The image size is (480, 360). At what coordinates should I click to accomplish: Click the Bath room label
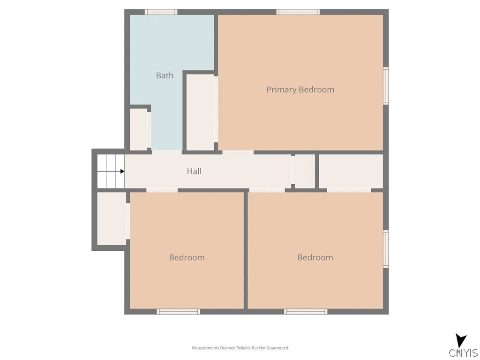click(165, 75)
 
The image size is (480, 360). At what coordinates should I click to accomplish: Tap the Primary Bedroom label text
click(300, 90)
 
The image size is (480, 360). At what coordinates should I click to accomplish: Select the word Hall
click(194, 171)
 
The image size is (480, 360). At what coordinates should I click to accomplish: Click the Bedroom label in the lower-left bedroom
click(187, 257)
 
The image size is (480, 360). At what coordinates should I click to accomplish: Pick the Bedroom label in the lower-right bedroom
click(315, 257)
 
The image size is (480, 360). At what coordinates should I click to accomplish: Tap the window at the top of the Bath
click(161, 12)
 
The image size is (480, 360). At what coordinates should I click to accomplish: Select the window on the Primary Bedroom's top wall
click(298, 12)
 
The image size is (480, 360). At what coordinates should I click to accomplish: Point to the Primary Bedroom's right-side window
click(386, 86)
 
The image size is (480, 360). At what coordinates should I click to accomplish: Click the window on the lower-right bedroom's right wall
click(386, 249)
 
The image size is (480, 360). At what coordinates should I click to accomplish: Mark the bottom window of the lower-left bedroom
click(178, 311)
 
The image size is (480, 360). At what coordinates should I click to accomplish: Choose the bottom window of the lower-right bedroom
click(306, 311)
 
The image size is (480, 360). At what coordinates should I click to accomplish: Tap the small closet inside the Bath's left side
click(138, 129)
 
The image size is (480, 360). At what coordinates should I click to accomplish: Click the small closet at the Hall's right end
click(305, 171)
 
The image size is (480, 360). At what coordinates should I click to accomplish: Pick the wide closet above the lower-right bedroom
click(351, 171)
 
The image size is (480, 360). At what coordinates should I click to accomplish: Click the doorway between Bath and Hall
click(166, 152)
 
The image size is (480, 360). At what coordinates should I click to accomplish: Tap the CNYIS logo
click(463, 347)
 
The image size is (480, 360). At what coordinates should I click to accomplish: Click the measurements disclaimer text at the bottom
click(240, 348)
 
